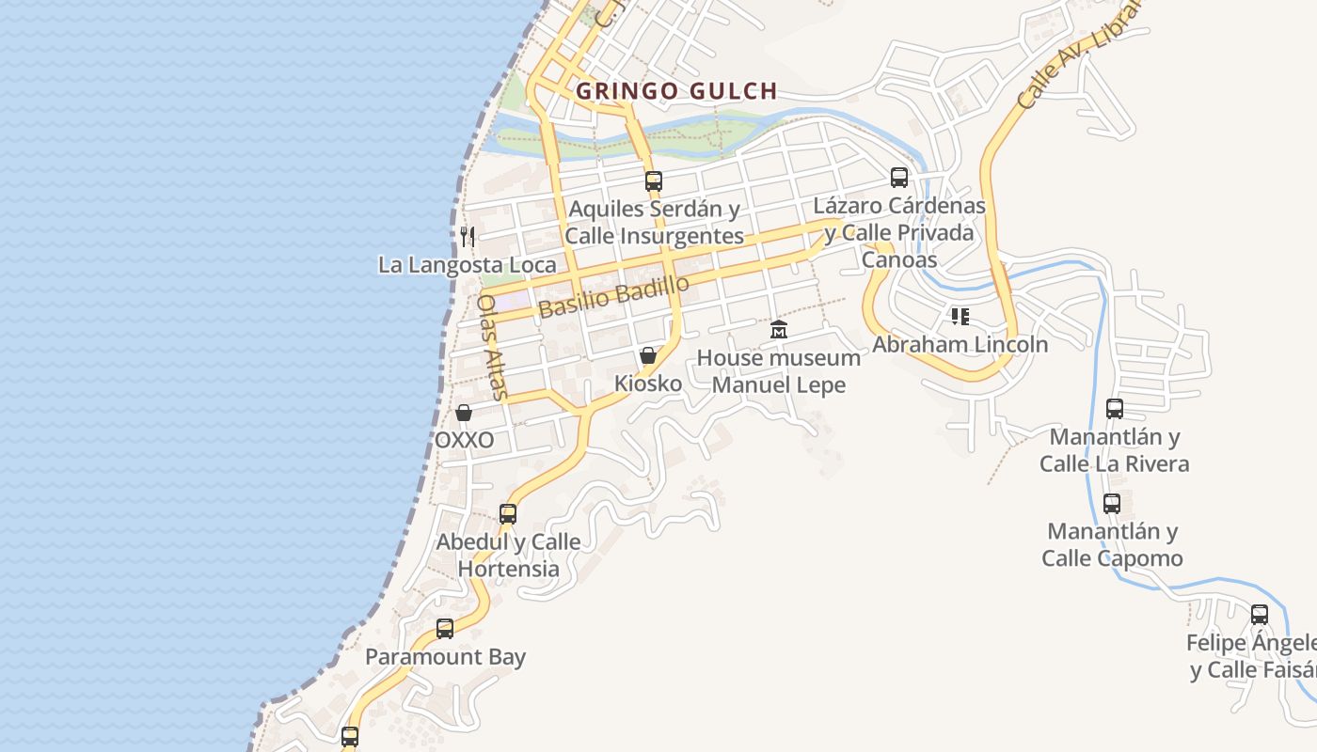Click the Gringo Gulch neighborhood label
(x=676, y=91)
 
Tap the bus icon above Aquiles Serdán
(x=653, y=181)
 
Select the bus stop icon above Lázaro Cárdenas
(x=899, y=178)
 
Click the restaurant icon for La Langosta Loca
(x=468, y=236)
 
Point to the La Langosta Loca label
(x=467, y=265)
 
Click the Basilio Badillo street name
(x=614, y=296)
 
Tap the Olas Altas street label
(x=491, y=347)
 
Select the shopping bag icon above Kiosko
(x=648, y=355)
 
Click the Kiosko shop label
(x=648, y=384)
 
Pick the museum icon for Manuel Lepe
(x=779, y=330)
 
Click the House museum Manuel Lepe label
(x=779, y=371)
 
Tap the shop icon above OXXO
(x=464, y=413)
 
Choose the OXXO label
(x=464, y=440)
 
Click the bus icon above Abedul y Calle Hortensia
(x=508, y=514)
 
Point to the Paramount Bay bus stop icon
(x=445, y=629)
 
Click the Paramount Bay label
(x=445, y=657)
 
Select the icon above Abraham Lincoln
(x=960, y=316)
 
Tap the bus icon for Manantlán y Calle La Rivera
(x=1115, y=409)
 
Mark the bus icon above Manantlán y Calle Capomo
(x=1112, y=504)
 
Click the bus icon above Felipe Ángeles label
(x=1260, y=615)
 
